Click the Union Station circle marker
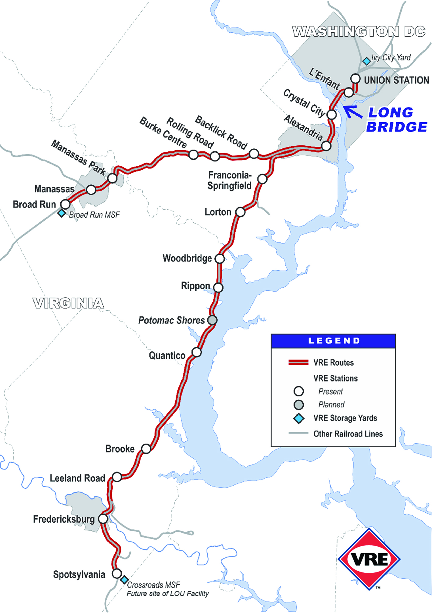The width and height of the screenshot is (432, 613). pyautogui.click(x=355, y=78)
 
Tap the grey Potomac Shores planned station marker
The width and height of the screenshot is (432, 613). pyautogui.click(x=212, y=320)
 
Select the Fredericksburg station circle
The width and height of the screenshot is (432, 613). pyautogui.click(x=103, y=518)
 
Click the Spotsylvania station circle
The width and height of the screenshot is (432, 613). pyautogui.click(x=117, y=573)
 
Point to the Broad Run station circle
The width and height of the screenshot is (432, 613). pyautogui.click(x=65, y=204)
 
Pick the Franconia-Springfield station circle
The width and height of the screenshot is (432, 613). pyautogui.click(x=262, y=179)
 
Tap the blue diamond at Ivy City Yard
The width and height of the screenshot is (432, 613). pyautogui.click(x=366, y=61)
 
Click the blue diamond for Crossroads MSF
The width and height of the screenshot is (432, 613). pyautogui.click(x=124, y=579)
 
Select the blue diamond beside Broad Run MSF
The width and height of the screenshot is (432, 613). pyautogui.click(x=62, y=213)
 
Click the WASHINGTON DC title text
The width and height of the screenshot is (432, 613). pyautogui.click(x=359, y=31)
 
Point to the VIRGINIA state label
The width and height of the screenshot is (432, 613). pyautogui.click(x=68, y=303)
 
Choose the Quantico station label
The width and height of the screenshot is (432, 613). pyautogui.click(x=167, y=355)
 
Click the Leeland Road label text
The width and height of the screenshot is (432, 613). pyautogui.click(x=77, y=478)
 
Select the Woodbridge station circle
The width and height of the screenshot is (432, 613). pyautogui.click(x=220, y=259)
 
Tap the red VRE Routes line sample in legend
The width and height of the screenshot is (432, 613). pyautogui.click(x=298, y=362)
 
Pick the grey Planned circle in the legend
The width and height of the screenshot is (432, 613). pyautogui.click(x=298, y=405)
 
